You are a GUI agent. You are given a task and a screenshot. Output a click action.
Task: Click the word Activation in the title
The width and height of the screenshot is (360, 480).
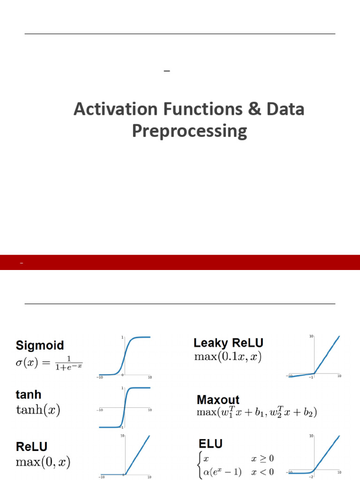click(x=116, y=109)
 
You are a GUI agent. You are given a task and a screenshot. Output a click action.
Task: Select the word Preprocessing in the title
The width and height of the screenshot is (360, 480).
click(x=189, y=131)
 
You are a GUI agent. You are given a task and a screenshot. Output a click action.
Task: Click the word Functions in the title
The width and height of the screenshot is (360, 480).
click(x=203, y=109)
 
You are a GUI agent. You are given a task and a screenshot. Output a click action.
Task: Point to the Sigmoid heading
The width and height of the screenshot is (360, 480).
click(x=40, y=345)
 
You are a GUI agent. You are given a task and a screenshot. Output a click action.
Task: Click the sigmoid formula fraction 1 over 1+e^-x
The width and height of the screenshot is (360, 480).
click(x=68, y=363)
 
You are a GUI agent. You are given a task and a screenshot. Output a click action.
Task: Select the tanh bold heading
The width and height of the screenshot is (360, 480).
click(x=29, y=395)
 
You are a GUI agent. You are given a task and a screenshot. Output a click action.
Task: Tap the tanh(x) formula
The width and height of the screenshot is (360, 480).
click(x=38, y=410)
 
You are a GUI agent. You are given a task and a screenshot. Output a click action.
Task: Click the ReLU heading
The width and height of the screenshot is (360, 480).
click(x=31, y=447)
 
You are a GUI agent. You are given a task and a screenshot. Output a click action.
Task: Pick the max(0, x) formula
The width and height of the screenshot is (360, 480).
click(x=43, y=462)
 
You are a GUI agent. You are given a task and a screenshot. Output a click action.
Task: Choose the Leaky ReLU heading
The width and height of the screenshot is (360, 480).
click(x=228, y=343)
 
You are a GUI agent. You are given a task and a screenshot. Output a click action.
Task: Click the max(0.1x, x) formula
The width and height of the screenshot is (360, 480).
click(x=228, y=357)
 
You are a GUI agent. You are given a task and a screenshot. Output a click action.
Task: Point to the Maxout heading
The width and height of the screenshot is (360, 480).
click(x=218, y=400)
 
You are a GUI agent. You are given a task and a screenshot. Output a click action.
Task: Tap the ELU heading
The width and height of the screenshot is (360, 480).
click(x=210, y=443)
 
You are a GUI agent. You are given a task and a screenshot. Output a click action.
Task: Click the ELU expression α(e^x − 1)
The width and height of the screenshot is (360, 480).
click(x=223, y=472)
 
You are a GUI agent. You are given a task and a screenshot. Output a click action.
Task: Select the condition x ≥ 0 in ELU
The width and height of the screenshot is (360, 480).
click(x=262, y=458)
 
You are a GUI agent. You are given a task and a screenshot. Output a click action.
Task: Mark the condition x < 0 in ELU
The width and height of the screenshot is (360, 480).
click(x=262, y=472)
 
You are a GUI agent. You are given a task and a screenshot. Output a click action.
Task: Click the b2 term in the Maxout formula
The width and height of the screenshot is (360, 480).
click(x=308, y=412)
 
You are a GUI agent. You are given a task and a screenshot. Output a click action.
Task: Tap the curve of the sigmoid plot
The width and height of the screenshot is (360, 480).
click(x=125, y=356)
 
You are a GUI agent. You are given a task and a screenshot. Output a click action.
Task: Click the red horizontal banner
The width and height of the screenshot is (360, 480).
click(x=180, y=262)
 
